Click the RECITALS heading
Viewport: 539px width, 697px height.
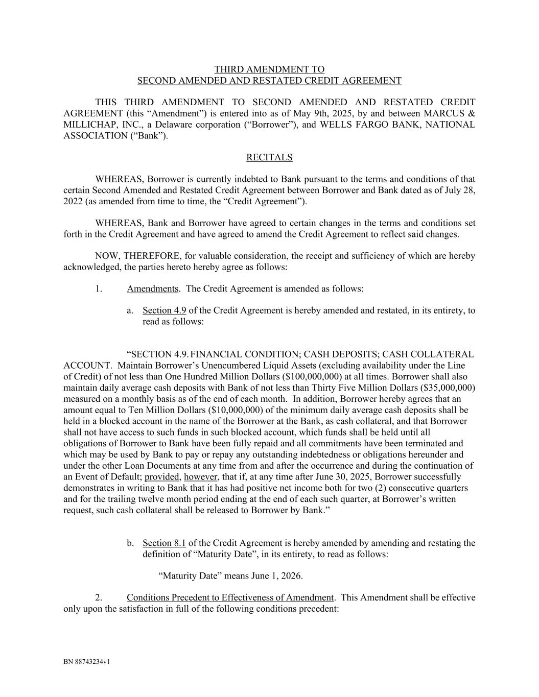point(269,157)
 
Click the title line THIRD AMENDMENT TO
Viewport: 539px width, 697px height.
point(269,69)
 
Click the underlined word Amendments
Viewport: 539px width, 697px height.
point(152,289)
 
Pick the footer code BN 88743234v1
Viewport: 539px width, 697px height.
point(87,662)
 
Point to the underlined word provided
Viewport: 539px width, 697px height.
point(162,477)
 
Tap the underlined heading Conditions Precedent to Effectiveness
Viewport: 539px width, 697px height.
point(230,597)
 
